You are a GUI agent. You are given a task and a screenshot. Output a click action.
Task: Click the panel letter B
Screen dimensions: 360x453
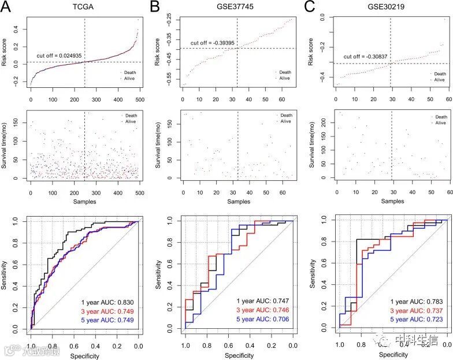pos(155,6)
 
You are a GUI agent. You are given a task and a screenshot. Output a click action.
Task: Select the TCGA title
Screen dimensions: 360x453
pos(84,7)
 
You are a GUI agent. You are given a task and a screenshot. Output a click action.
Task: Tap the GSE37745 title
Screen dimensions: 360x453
pos(237,7)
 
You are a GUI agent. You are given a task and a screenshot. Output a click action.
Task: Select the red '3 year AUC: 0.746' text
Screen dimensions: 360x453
pos(262,310)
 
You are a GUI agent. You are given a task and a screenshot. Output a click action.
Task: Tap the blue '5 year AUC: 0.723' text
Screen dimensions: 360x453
pos(416,320)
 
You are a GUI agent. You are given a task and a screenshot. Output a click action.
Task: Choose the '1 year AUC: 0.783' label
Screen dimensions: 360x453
pos(416,302)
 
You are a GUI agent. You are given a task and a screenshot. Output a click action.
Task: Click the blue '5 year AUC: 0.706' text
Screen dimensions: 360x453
pos(262,319)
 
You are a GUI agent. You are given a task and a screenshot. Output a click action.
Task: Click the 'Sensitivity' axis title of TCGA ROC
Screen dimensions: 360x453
pos(6,274)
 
